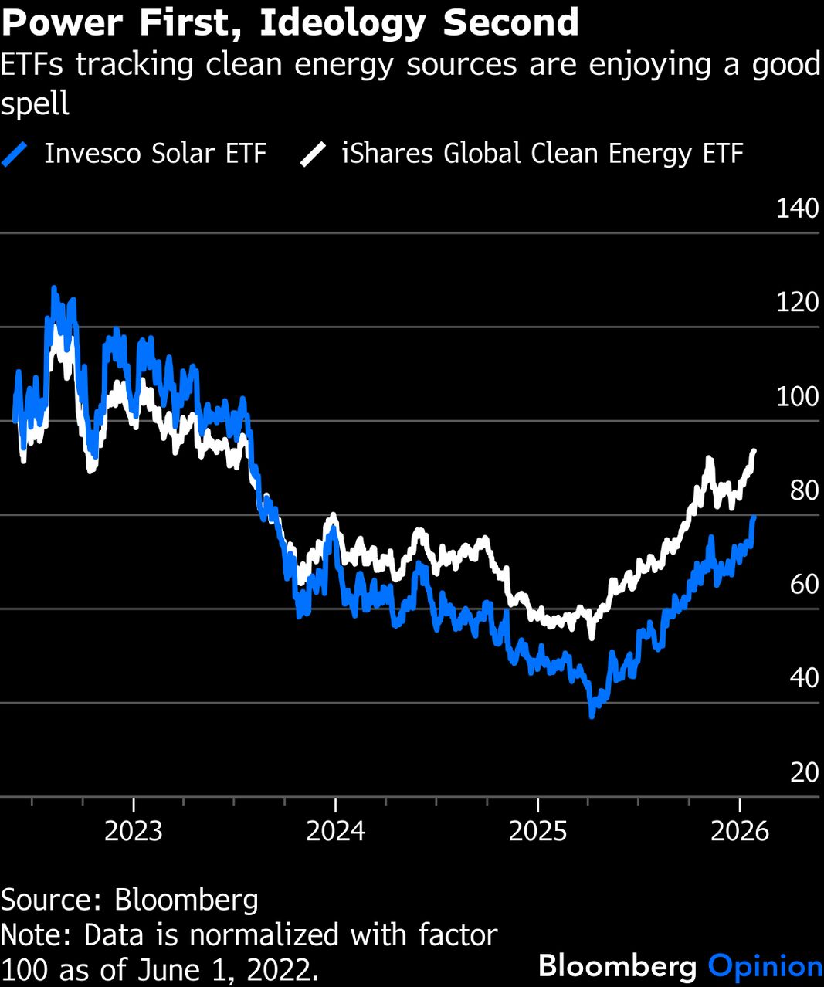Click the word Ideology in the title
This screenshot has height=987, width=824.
tap(342, 23)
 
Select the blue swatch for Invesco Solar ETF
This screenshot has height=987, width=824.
tap(15, 154)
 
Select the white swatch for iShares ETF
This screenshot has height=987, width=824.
tap(314, 154)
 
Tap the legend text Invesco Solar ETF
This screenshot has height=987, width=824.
tap(154, 154)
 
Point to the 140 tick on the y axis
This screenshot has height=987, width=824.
tap(797, 209)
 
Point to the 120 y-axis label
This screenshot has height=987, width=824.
tap(797, 302)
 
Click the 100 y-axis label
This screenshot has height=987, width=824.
tap(797, 396)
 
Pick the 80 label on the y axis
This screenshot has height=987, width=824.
tap(803, 490)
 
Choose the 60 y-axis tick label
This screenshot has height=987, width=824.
tap(803, 585)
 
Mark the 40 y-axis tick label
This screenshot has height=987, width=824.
tap(803, 678)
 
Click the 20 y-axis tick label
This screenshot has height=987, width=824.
tap(803, 772)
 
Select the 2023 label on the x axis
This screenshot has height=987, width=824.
tap(134, 831)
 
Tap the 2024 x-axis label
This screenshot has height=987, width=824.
tap(335, 831)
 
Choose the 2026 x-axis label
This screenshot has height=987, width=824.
tap(740, 831)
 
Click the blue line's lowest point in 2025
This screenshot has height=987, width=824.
tap(592, 715)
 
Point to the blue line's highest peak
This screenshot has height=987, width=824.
tap(54, 288)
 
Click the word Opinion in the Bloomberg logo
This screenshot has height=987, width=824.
tap(765, 966)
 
